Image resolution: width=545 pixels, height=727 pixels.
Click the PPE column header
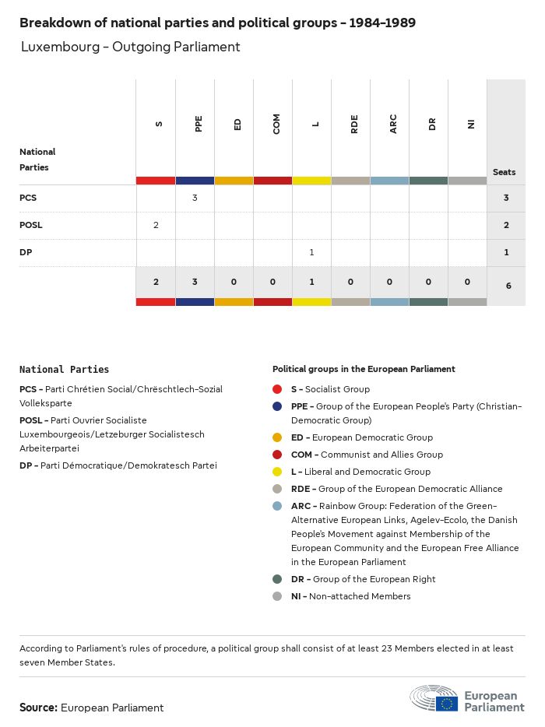199,124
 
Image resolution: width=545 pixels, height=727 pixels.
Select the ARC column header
393,124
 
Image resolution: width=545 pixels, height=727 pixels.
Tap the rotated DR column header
432,124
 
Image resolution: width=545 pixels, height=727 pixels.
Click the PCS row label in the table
28,198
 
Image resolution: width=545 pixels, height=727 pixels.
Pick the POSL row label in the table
31,225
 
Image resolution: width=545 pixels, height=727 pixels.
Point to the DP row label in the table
26,252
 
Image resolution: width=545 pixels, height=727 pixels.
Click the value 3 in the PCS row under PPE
195,198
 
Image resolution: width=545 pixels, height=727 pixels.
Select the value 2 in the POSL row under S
156,225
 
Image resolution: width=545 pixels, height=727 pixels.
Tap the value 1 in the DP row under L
311,252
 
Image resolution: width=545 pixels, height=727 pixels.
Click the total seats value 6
508,286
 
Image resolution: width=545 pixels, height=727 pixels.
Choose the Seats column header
504,172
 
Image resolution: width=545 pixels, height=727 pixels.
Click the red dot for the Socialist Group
277,389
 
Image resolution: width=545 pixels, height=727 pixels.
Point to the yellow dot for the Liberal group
277,472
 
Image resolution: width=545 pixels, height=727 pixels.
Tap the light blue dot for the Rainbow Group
277,506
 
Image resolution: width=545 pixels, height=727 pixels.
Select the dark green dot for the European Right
277,579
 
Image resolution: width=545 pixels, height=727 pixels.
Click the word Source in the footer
37,708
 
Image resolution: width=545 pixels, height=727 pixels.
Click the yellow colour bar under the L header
311,181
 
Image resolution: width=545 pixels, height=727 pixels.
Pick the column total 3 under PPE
195,282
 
